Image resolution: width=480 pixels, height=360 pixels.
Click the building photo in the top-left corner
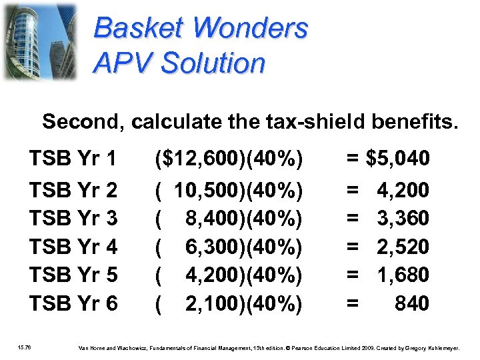39,41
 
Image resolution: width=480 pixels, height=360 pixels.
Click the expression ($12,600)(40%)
229,159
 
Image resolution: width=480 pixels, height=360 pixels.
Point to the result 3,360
403,218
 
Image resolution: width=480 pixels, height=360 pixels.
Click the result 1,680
403,275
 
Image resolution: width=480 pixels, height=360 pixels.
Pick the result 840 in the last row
411,304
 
